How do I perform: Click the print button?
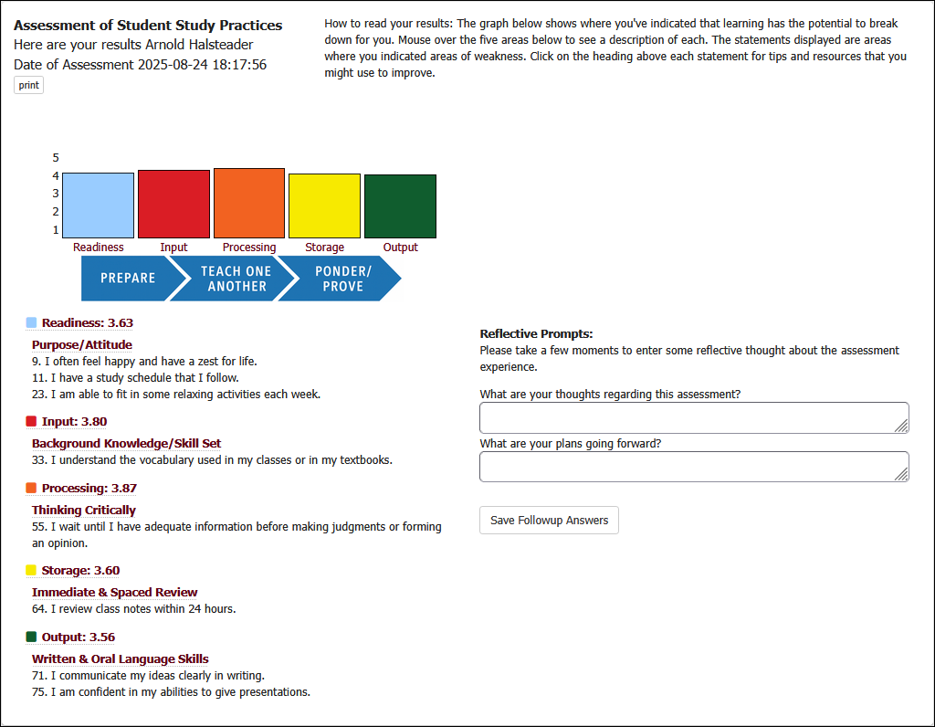click(28, 85)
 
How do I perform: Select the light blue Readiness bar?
click(98, 205)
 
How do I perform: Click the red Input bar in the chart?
click(173, 204)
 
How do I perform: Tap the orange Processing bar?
click(249, 203)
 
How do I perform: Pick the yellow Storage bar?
click(324, 205)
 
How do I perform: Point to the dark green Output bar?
click(400, 206)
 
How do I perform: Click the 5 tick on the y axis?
click(56, 157)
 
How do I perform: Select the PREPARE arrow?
click(127, 279)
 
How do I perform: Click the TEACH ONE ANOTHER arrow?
click(236, 279)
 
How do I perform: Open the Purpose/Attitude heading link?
click(82, 344)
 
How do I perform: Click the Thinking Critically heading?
click(84, 510)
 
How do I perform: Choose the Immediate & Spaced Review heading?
click(115, 592)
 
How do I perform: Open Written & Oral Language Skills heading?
click(121, 659)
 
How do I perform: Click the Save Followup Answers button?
click(549, 520)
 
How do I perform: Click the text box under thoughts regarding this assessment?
click(694, 417)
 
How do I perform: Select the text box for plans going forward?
click(694, 466)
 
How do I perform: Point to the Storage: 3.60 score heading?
click(80, 570)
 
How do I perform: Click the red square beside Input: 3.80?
click(31, 421)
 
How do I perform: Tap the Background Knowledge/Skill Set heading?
click(127, 443)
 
